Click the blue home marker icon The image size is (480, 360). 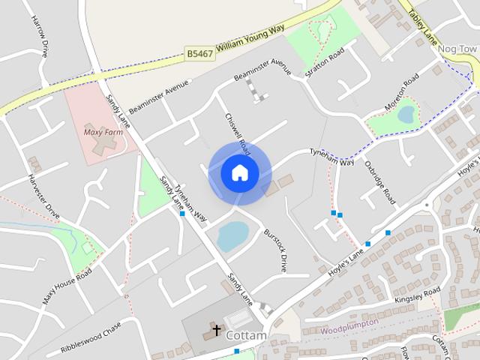click(239, 173)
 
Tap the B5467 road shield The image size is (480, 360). click(200, 53)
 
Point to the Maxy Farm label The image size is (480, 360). click(103, 132)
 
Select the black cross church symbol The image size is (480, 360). click(217, 330)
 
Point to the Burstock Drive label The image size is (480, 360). click(274, 250)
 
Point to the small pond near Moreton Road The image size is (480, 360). click(406, 115)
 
